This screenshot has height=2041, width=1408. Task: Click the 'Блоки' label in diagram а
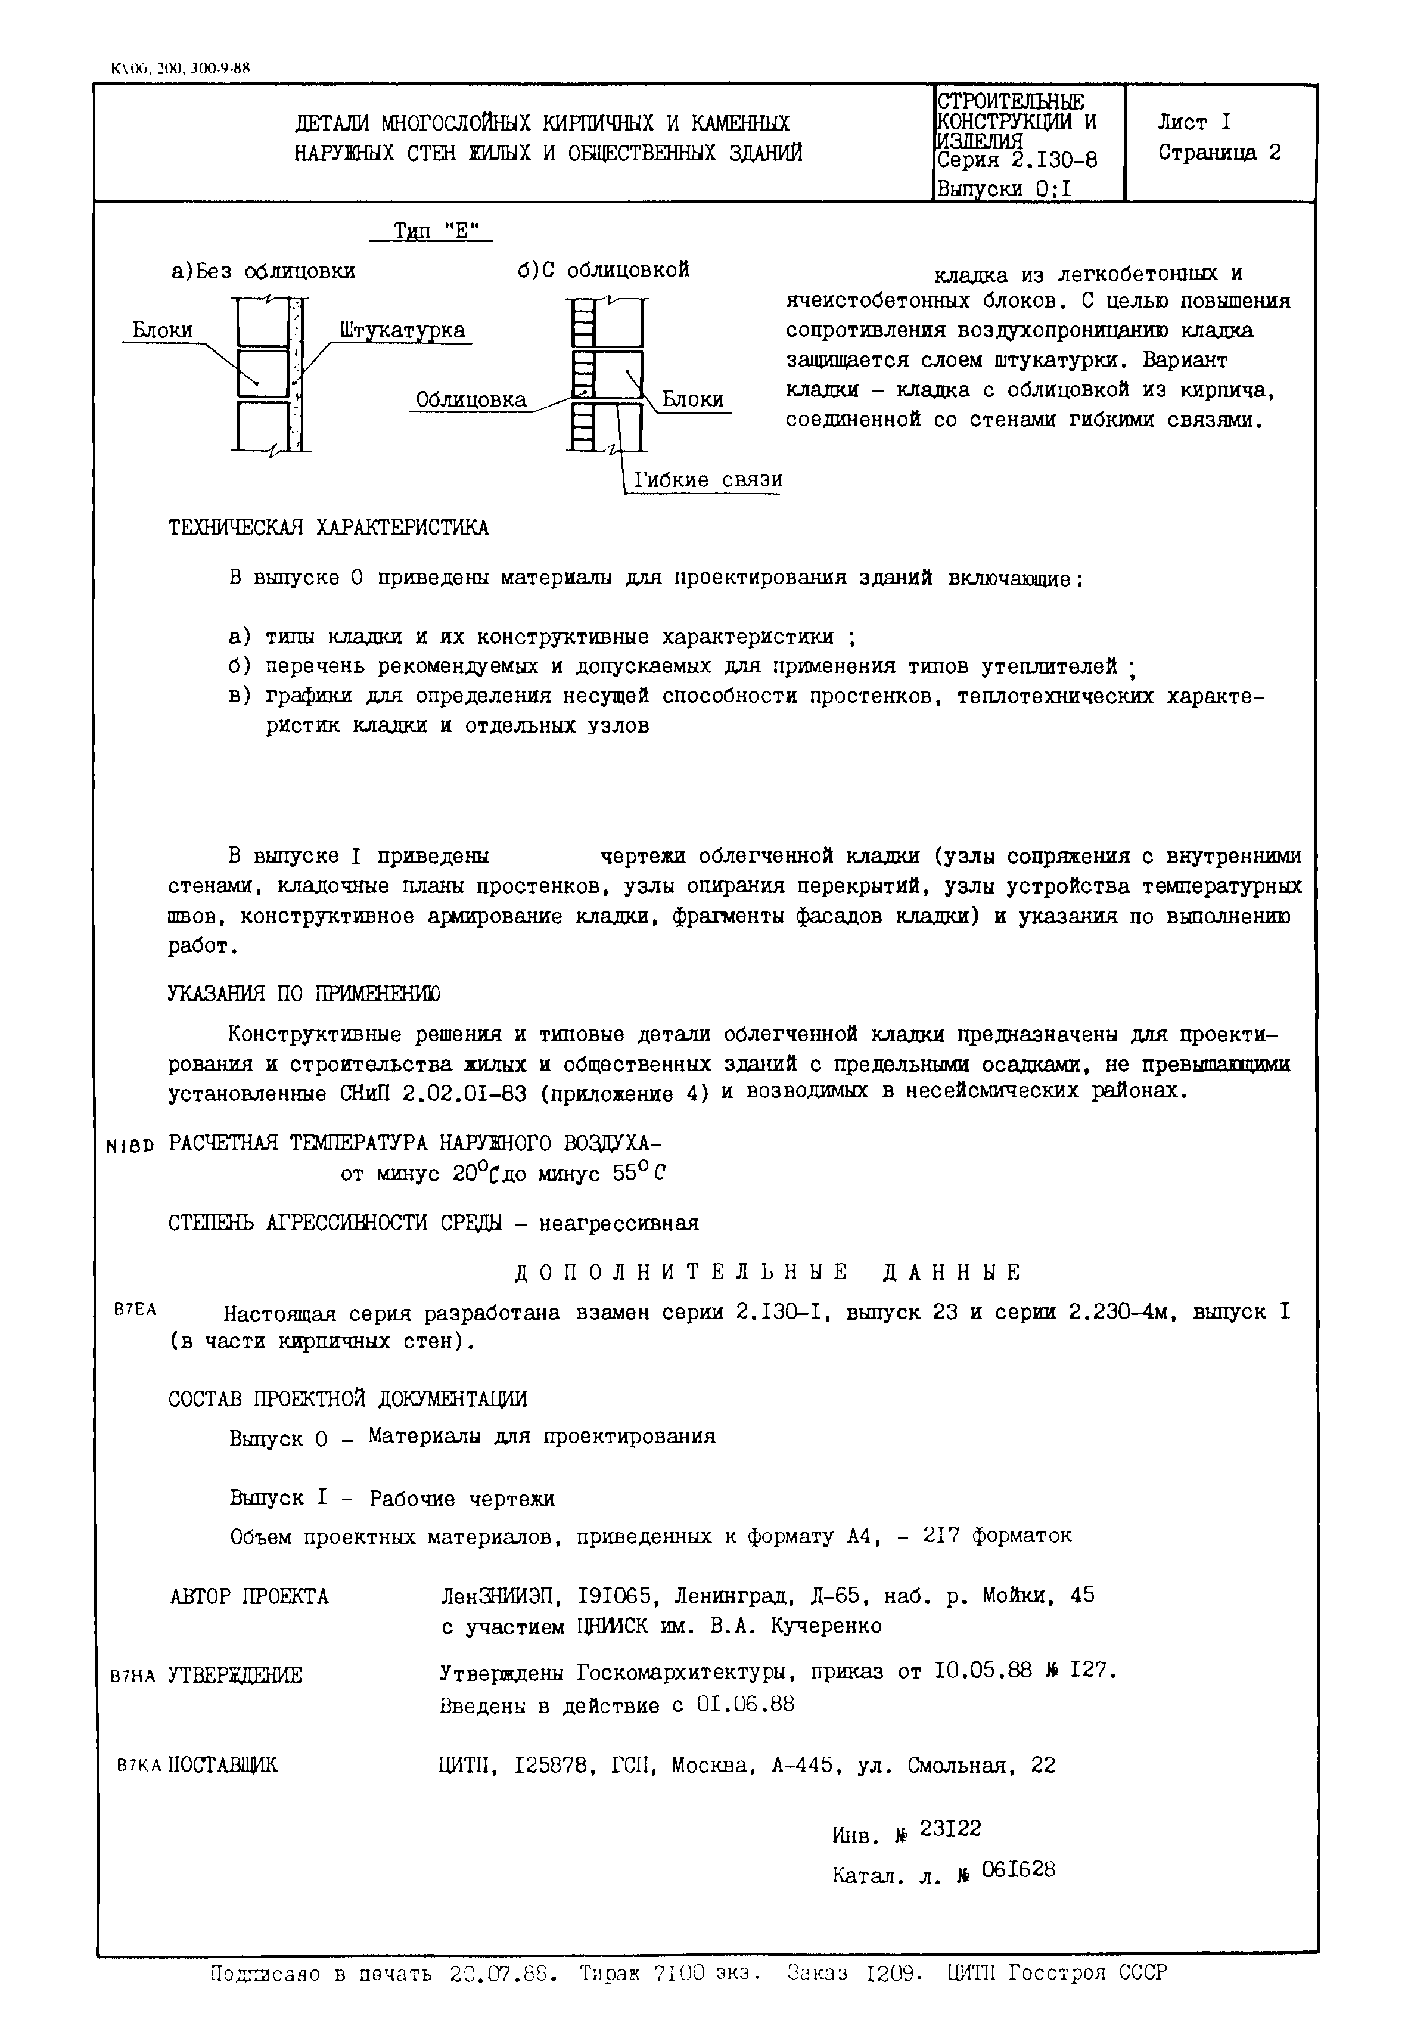click(162, 331)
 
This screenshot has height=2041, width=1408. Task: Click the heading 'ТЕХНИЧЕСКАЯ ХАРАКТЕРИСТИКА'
click(328, 528)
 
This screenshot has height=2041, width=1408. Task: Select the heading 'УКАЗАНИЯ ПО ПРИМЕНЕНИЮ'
click(304, 994)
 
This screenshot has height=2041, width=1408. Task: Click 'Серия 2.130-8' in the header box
click(1017, 160)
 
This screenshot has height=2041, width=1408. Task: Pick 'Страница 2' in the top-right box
click(1219, 153)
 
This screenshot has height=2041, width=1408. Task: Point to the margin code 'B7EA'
click(135, 1310)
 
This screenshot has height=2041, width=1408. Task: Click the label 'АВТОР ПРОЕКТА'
click(249, 1596)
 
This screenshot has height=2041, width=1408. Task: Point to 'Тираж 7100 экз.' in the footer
click(670, 1973)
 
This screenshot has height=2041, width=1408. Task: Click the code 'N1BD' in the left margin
click(129, 1146)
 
